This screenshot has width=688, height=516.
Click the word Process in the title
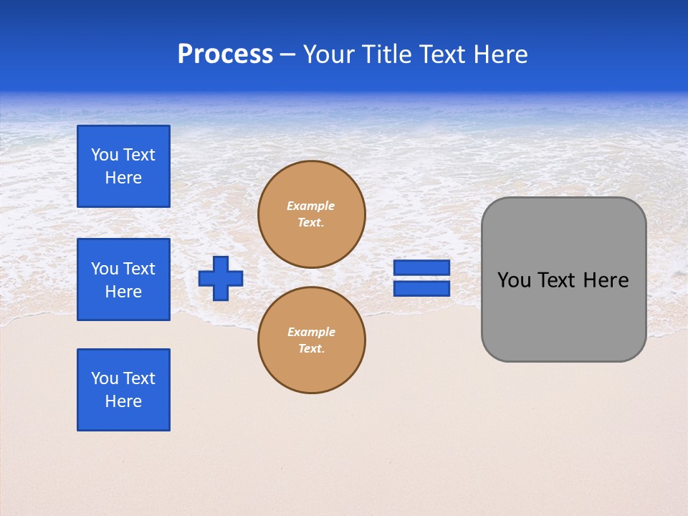(x=225, y=54)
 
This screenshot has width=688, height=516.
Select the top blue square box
(x=123, y=166)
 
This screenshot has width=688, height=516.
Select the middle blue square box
(x=123, y=279)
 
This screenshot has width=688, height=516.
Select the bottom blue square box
(x=123, y=390)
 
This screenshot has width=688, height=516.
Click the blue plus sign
(x=221, y=278)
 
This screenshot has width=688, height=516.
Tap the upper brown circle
(x=312, y=214)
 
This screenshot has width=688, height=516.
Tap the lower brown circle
(x=312, y=340)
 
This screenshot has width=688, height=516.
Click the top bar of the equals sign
(x=421, y=268)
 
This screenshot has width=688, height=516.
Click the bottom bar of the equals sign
(x=421, y=289)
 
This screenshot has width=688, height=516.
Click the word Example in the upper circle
(x=310, y=206)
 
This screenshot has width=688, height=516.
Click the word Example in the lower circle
(x=310, y=332)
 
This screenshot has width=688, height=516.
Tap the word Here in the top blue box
(x=123, y=178)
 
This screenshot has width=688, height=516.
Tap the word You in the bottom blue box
(x=105, y=378)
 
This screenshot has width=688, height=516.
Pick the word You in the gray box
(x=514, y=280)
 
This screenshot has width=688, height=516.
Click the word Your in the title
(x=328, y=54)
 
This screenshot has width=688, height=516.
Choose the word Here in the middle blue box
(x=123, y=292)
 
